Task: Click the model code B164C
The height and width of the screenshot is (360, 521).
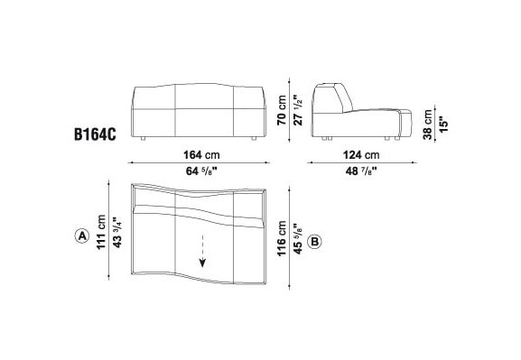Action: (95, 134)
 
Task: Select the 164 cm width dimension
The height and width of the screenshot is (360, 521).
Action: (201, 155)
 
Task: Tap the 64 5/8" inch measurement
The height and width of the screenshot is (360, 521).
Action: (201, 171)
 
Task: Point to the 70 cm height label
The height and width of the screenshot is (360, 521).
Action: (282, 110)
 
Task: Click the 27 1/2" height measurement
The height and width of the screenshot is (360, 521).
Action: (298, 110)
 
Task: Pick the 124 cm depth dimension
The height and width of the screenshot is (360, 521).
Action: (361, 155)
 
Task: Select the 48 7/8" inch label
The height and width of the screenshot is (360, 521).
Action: (361, 171)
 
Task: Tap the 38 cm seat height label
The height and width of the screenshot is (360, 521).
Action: (428, 125)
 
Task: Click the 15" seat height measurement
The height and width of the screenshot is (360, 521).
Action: (444, 125)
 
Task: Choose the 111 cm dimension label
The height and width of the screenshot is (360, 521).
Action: (101, 232)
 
